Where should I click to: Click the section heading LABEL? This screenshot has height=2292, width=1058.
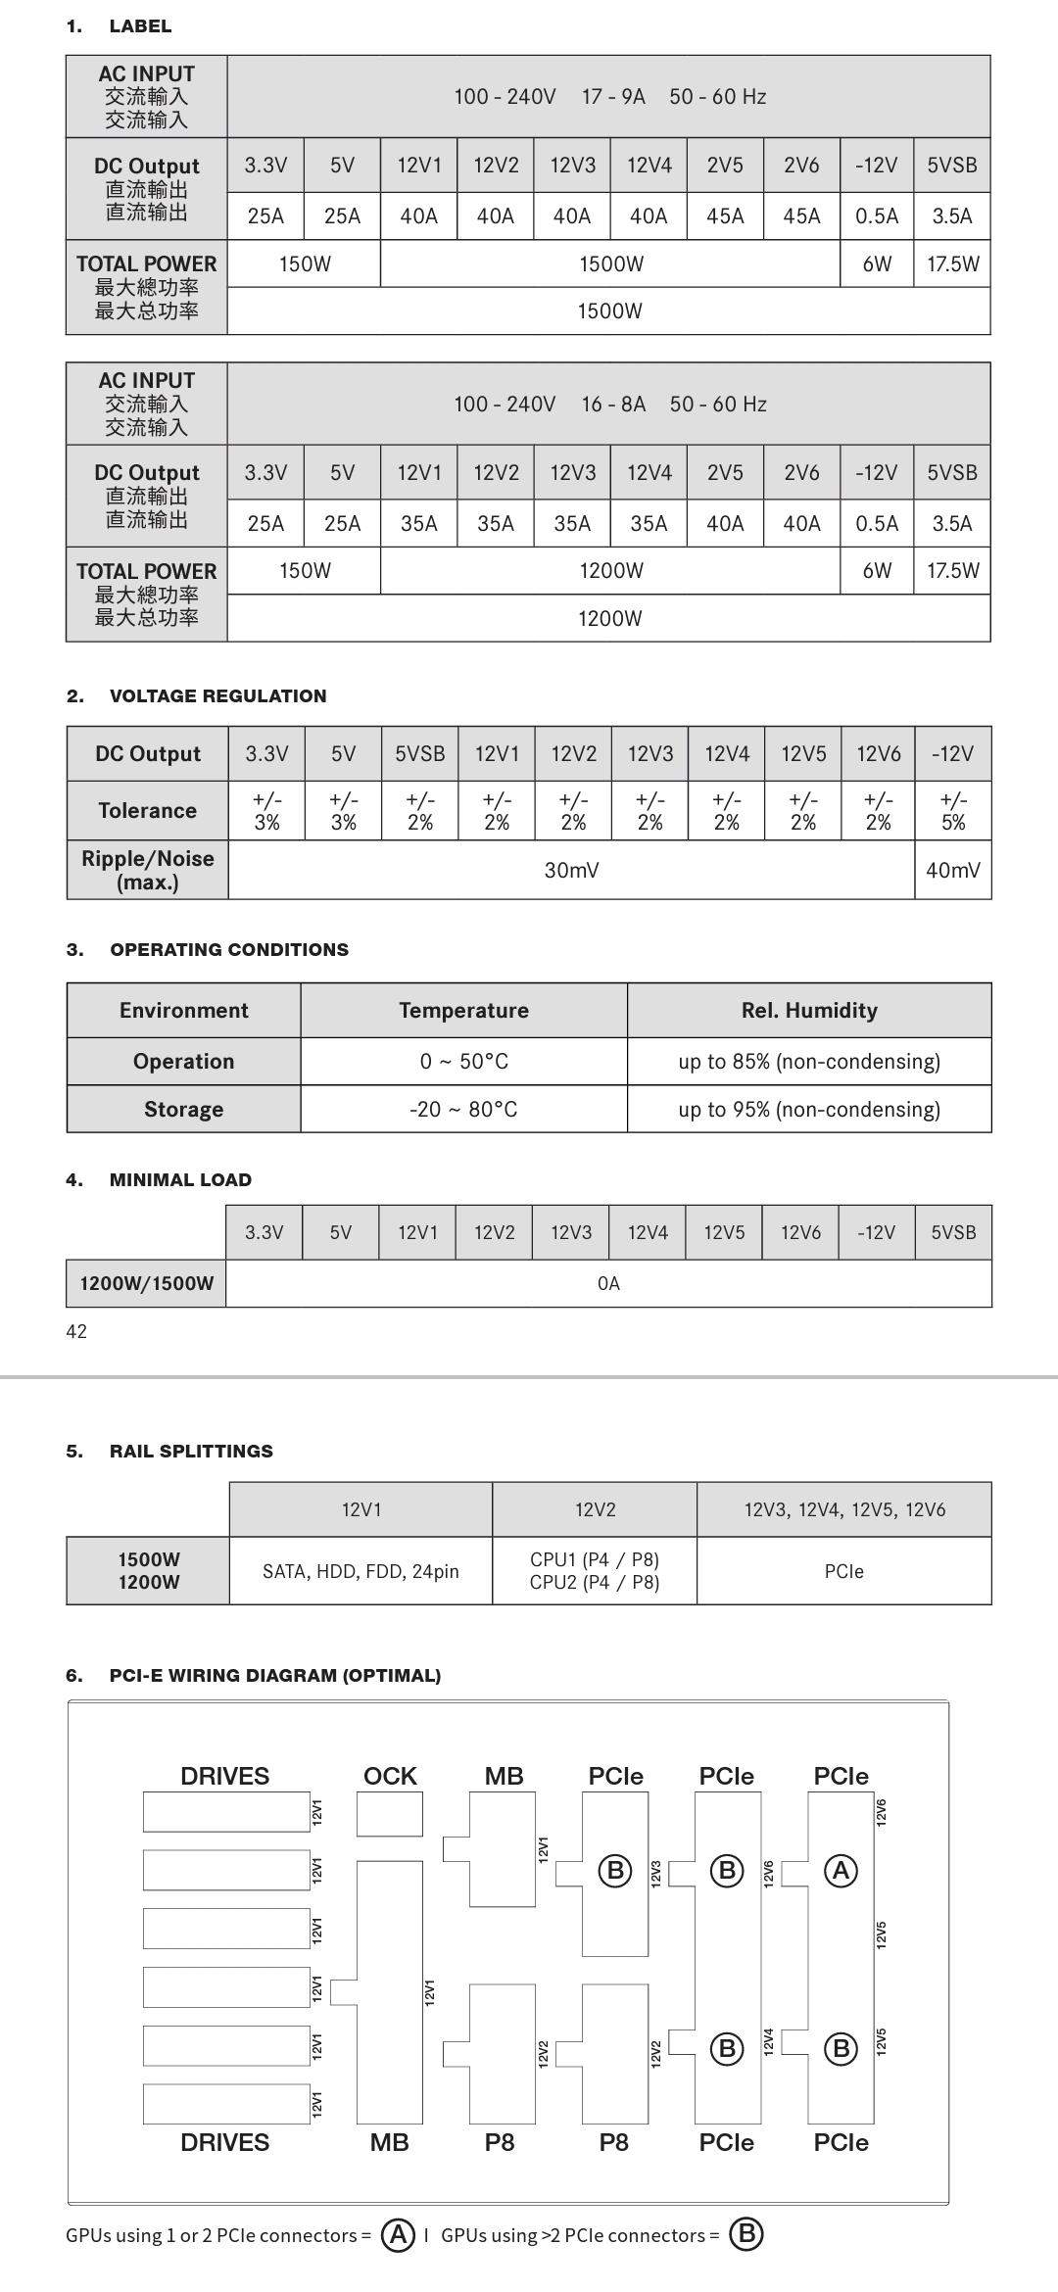pyautogui.click(x=140, y=26)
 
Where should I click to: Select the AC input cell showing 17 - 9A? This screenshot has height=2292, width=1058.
pyautogui.click(x=613, y=97)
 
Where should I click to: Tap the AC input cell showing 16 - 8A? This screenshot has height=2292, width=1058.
pyautogui.click(x=613, y=405)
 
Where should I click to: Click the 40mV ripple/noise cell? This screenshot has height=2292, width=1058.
pyautogui.click(x=953, y=870)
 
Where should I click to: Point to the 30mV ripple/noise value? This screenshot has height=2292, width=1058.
pyautogui.click(x=571, y=870)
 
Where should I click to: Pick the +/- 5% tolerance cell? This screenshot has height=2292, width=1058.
pyautogui.click(x=953, y=811)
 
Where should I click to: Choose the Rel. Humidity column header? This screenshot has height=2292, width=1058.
pyautogui.click(x=809, y=1010)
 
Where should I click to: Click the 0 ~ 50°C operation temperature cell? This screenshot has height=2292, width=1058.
pyautogui.click(x=463, y=1062)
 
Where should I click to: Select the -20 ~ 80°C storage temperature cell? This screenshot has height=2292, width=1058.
pyautogui.click(x=463, y=1109)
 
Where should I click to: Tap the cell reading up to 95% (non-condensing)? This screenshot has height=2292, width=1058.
pyautogui.click(x=809, y=1109)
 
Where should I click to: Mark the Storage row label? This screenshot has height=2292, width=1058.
pyautogui.click(x=183, y=1109)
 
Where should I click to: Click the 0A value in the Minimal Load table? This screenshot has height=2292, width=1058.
pyautogui.click(x=608, y=1283)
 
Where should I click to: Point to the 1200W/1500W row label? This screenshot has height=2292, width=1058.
pyautogui.click(x=146, y=1283)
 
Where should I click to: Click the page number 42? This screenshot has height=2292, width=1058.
pyautogui.click(x=76, y=1331)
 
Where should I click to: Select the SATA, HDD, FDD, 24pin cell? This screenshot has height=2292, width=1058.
pyautogui.click(x=361, y=1571)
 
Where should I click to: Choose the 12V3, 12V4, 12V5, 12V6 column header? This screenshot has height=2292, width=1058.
pyautogui.click(x=844, y=1509)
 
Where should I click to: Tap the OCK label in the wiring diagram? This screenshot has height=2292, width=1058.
pyautogui.click(x=390, y=1776)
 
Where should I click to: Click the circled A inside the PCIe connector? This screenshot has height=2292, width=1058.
pyautogui.click(x=841, y=1871)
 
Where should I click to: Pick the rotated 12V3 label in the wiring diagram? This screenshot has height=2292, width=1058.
pyautogui.click(x=656, y=1872)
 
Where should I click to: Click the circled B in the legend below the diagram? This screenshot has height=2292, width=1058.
pyautogui.click(x=746, y=2234)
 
